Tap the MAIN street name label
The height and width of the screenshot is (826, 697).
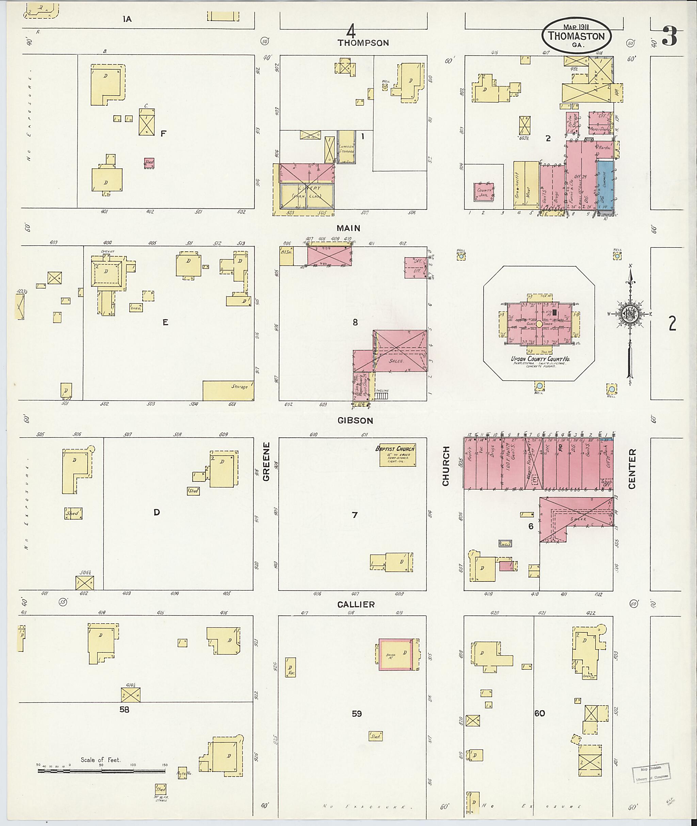348,228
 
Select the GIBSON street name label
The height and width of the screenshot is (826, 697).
355,421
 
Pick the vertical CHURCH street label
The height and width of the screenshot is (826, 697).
446,466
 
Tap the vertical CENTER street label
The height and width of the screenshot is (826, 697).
632,469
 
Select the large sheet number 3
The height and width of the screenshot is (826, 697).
669,37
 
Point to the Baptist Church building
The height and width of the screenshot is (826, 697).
398,455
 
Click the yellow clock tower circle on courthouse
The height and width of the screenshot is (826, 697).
539,324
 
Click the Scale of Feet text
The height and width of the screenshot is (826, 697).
100,760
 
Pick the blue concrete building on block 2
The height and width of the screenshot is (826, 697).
605,185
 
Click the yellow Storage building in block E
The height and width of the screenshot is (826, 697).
228,390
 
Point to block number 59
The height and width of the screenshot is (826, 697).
356,713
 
